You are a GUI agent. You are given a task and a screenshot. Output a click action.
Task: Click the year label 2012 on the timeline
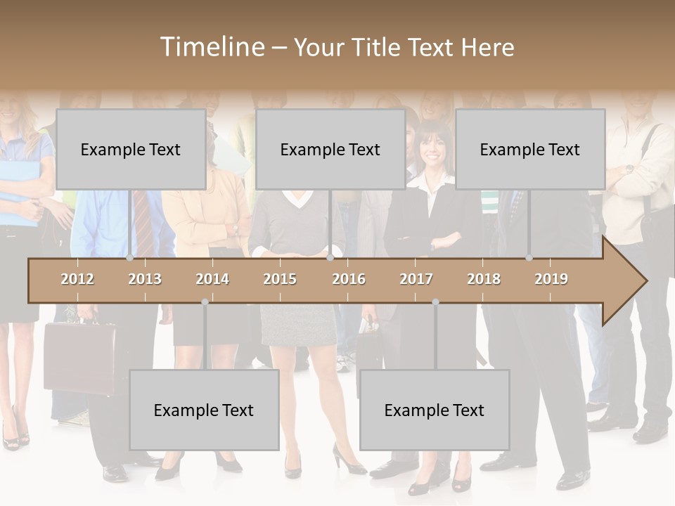pyautogui.click(x=77, y=279)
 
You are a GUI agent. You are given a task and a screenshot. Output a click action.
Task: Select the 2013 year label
pyautogui.click(x=145, y=279)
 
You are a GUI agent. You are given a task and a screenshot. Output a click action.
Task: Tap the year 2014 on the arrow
pyautogui.click(x=212, y=279)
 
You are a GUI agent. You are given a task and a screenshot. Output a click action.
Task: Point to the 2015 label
pyautogui.click(x=280, y=279)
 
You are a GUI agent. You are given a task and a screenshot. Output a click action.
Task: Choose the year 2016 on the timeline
pyautogui.click(x=349, y=279)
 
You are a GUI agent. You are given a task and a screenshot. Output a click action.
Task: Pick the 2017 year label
pyautogui.click(x=416, y=279)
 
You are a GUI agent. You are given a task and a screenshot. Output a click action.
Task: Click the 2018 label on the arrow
pyautogui.click(x=484, y=279)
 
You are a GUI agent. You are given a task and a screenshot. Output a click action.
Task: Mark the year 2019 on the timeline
pyautogui.click(x=551, y=279)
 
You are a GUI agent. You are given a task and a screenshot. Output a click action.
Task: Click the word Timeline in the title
pyautogui.click(x=212, y=47)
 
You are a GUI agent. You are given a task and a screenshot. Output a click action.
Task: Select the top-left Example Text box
pyautogui.click(x=131, y=149)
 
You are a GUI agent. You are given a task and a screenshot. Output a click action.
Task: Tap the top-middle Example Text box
pyautogui.click(x=330, y=149)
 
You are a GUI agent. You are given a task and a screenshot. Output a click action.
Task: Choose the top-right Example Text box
pyautogui.click(x=530, y=149)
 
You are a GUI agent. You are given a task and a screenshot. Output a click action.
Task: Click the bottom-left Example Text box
pyautogui.click(x=204, y=410)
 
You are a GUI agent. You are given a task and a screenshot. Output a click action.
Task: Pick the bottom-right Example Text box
pyautogui.click(x=435, y=410)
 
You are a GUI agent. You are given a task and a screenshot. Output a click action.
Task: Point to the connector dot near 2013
pyautogui.click(x=130, y=258)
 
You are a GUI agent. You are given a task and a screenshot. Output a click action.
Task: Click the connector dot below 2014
pyautogui.click(x=205, y=302)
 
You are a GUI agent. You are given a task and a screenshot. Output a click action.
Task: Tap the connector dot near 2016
pyautogui.click(x=330, y=258)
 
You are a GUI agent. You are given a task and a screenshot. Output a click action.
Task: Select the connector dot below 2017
pyautogui.click(x=435, y=302)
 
